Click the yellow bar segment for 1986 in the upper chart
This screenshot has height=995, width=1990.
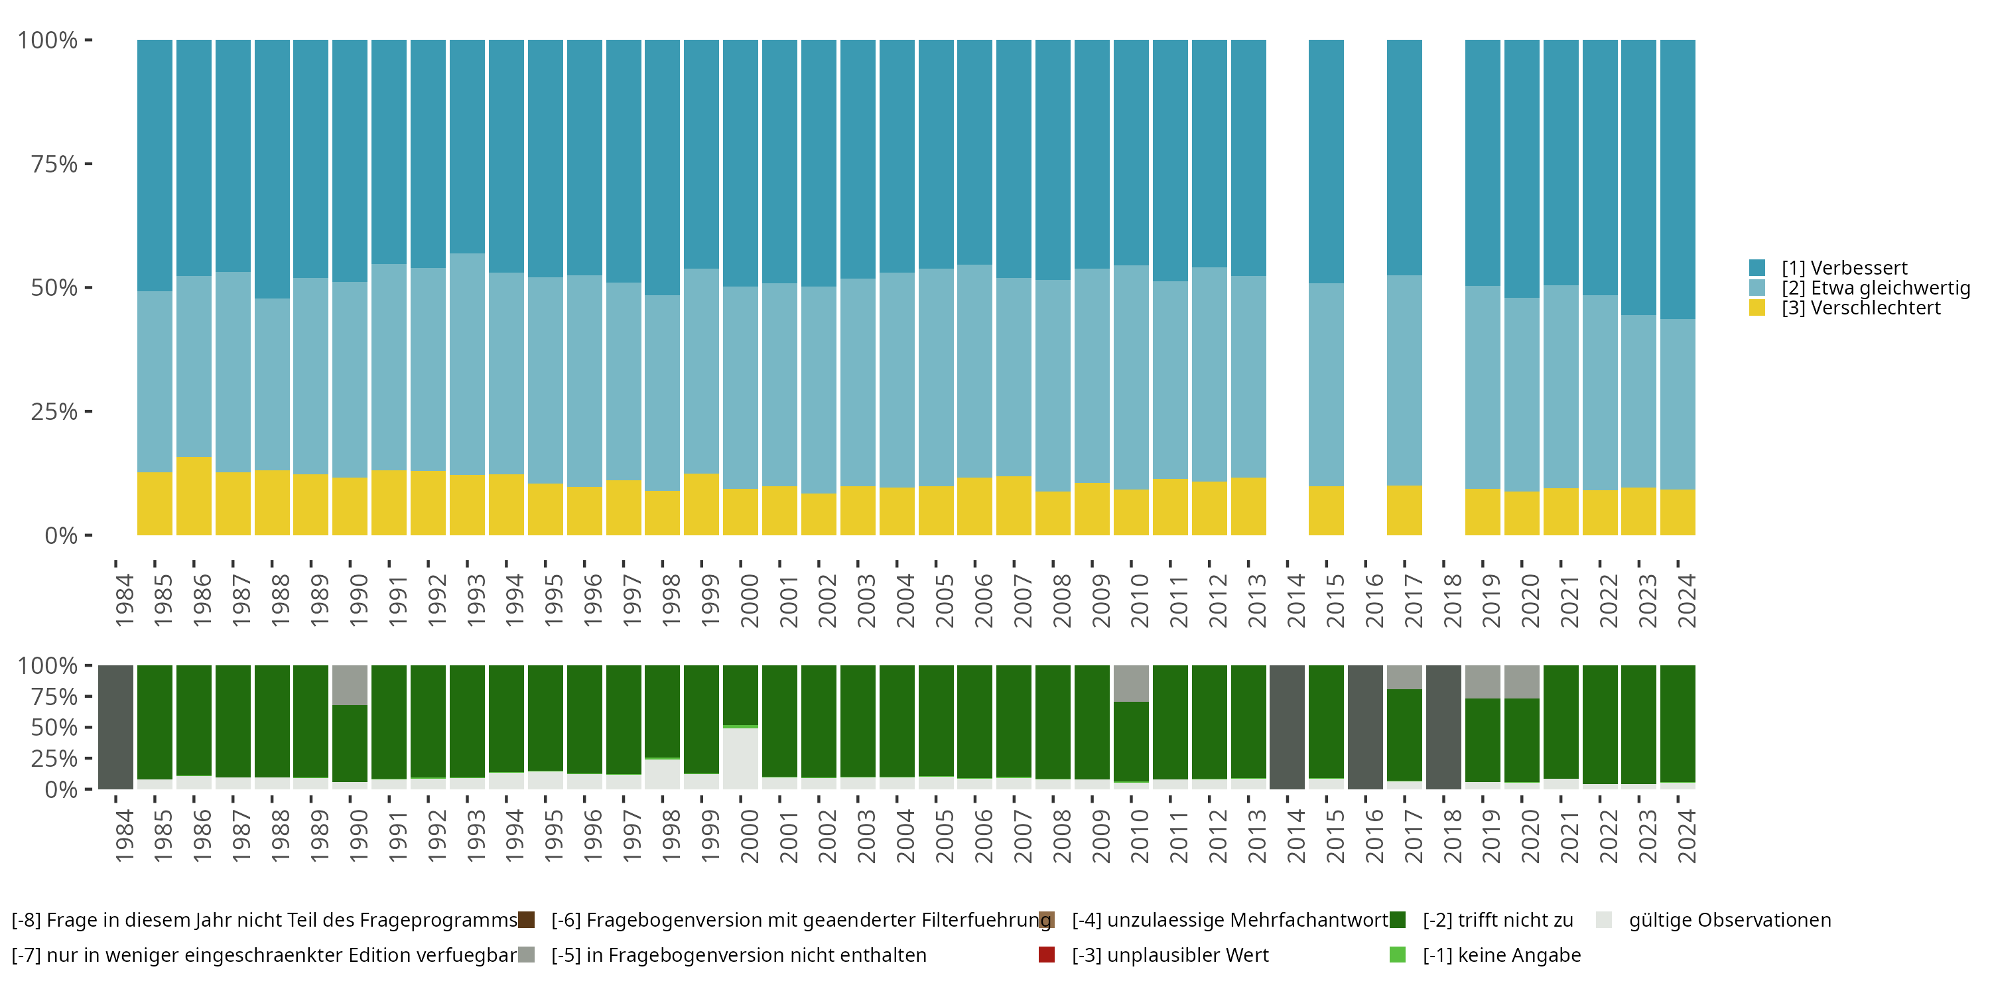click(x=194, y=496)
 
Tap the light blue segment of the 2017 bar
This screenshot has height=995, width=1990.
click(x=1404, y=380)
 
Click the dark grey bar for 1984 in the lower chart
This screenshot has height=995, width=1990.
click(x=116, y=727)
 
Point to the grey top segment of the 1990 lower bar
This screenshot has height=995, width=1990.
click(x=350, y=685)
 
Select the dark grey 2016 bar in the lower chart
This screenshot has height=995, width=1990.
click(x=1365, y=727)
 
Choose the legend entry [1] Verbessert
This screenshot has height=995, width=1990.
click(x=1844, y=268)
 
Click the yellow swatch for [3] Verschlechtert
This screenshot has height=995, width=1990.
click(x=1757, y=308)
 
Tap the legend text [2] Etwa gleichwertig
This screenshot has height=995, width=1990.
click(x=1876, y=288)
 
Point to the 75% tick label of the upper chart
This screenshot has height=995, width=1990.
click(x=54, y=164)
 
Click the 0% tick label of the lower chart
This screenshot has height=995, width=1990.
click(x=61, y=789)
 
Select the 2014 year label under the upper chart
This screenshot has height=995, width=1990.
click(x=1295, y=600)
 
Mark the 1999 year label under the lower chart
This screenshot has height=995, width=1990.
click(x=710, y=836)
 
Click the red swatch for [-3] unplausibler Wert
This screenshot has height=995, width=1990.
click(x=1047, y=955)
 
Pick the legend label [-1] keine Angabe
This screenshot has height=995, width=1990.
click(x=1502, y=955)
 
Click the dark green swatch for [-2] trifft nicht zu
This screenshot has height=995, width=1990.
click(x=1398, y=920)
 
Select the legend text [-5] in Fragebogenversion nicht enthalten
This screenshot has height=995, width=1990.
click(x=738, y=955)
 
